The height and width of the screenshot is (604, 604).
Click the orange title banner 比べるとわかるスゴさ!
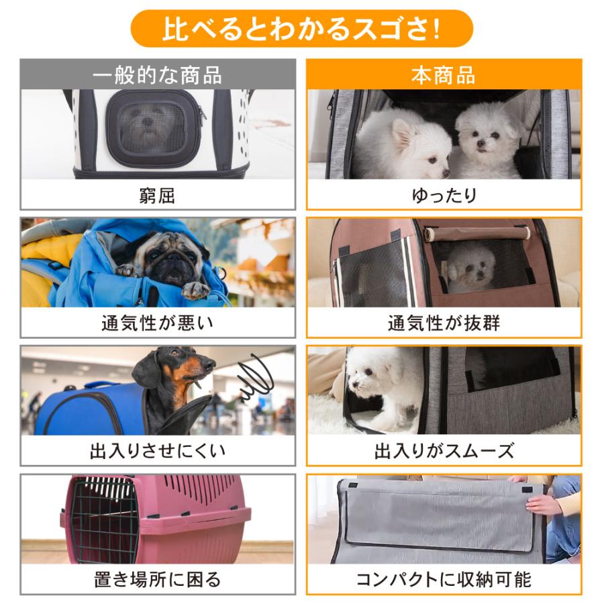301,29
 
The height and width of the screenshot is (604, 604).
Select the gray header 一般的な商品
157,74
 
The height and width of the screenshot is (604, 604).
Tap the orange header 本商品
444,74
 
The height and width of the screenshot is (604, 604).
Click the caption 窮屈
157,195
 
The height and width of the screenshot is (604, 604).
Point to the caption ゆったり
444,195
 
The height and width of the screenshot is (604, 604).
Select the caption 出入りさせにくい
157,450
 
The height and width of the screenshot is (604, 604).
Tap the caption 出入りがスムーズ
444,450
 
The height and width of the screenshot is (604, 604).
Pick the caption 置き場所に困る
157,578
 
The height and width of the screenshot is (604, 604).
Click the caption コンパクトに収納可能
444,578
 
